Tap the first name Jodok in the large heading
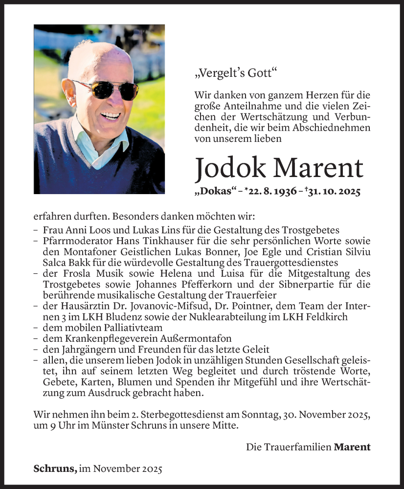tap(229, 168)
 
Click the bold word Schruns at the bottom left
tap(55, 468)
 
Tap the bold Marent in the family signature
tap(352, 446)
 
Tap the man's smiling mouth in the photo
tap(111, 116)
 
